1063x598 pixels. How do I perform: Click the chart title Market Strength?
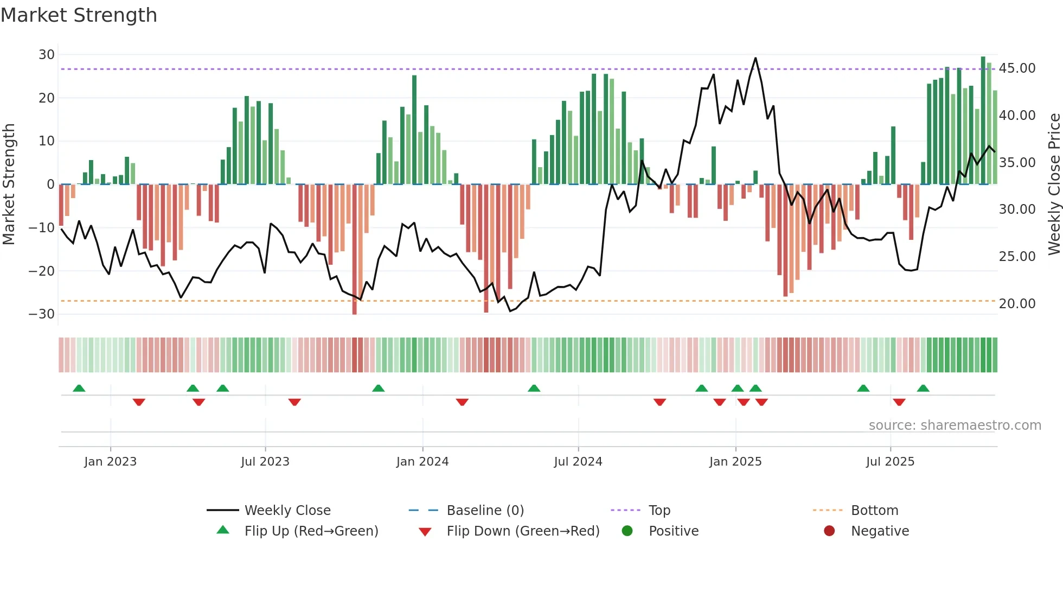pyautogui.click(x=79, y=15)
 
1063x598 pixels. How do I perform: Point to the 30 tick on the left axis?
pyautogui.click(x=47, y=55)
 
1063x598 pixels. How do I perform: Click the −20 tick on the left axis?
pyautogui.click(x=42, y=271)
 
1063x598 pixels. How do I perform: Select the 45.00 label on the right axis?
pyautogui.click(x=1017, y=68)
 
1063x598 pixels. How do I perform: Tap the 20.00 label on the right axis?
pyautogui.click(x=1017, y=304)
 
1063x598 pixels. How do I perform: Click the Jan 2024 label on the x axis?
pyautogui.click(x=422, y=462)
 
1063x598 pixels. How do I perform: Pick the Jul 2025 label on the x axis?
pyautogui.click(x=890, y=462)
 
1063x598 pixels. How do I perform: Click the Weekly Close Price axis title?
pyautogui.click(x=1054, y=184)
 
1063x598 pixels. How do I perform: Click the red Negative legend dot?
pyautogui.click(x=829, y=531)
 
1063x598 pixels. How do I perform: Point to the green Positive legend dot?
pyautogui.click(x=627, y=531)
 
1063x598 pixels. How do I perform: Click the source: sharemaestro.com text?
pyautogui.click(x=955, y=425)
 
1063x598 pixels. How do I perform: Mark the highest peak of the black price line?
pyautogui.click(x=755, y=58)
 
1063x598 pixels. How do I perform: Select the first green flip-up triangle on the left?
pyautogui.click(x=79, y=388)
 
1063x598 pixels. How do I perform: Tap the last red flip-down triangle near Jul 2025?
pyautogui.click(x=899, y=402)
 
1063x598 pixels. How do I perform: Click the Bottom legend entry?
pyautogui.click(x=874, y=511)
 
